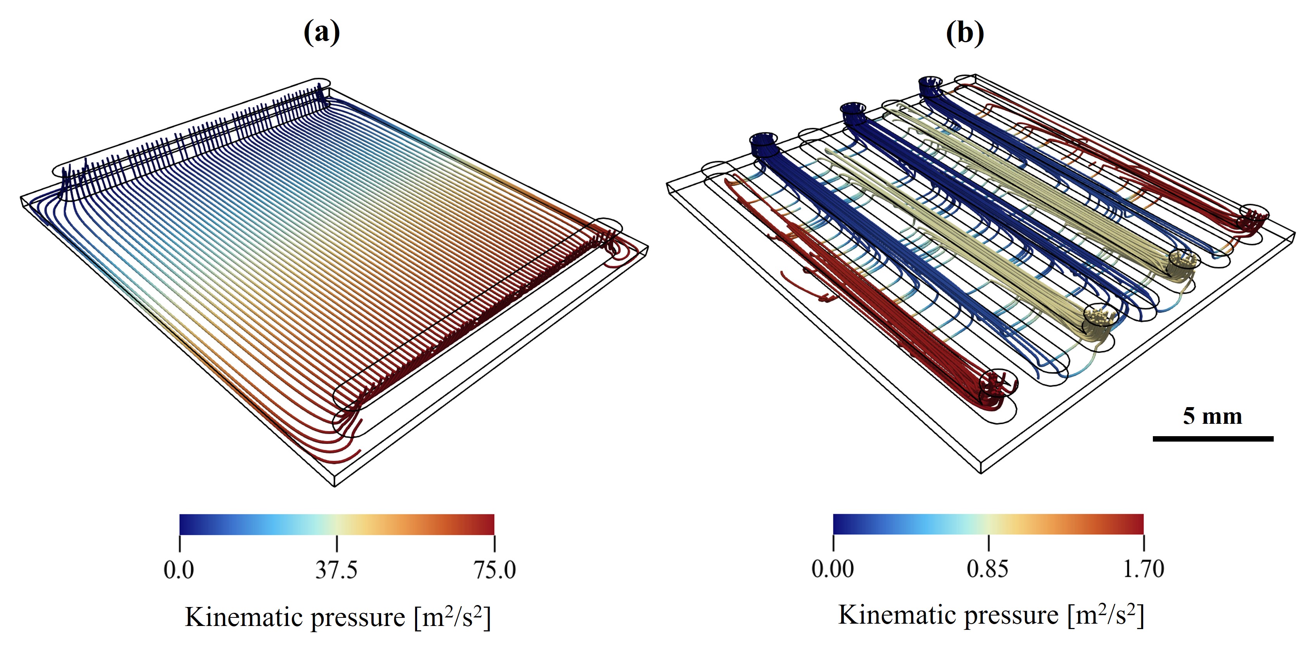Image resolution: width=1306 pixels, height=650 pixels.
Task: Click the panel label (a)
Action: point(321,33)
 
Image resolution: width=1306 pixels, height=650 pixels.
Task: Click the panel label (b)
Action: point(965,33)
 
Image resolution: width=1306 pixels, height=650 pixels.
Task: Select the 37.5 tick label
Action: point(336,570)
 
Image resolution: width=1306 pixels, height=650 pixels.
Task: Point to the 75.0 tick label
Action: point(495,570)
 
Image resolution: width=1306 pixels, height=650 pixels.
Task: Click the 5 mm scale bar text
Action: point(1213,416)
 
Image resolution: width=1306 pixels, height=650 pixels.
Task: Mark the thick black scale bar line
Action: point(1213,438)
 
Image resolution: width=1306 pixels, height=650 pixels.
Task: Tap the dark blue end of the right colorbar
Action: point(838,524)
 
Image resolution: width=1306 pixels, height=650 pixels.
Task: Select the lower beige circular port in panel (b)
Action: point(1100,316)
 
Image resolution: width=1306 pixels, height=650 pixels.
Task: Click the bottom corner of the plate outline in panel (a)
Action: point(334,486)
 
